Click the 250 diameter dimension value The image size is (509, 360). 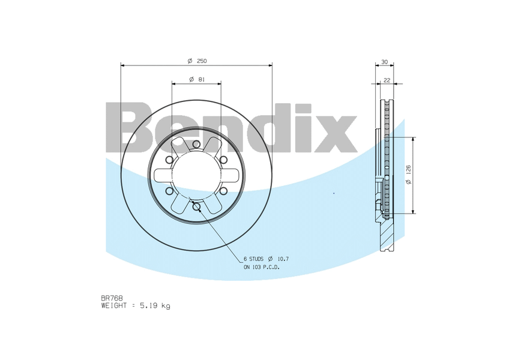pos(202,61)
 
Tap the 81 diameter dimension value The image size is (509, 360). pos(201,79)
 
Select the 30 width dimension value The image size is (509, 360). pos(384,62)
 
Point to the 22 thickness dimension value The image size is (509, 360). pos(387,80)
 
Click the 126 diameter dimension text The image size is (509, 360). pos(408,170)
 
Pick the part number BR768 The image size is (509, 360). pos(112,298)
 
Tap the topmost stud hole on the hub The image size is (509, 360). pos(196,144)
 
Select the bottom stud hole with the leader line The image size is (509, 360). pos(196,206)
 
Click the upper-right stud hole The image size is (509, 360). pos(223,160)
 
